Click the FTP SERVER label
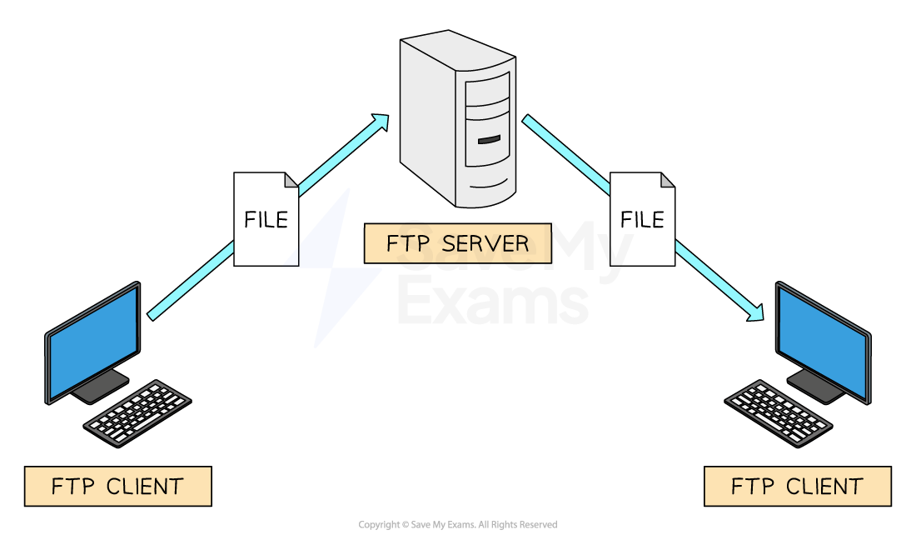click(x=457, y=243)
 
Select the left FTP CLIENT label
click(x=117, y=486)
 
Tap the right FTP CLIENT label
click(x=797, y=486)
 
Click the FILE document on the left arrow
click(x=266, y=219)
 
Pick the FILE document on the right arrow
click(x=642, y=219)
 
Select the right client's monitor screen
click(x=823, y=342)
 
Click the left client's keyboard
click(x=137, y=412)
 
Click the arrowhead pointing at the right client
click(x=756, y=313)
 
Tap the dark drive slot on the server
click(x=489, y=139)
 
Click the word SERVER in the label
click(x=485, y=243)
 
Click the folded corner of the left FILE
click(x=291, y=180)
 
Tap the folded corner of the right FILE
click(x=667, y=180)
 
